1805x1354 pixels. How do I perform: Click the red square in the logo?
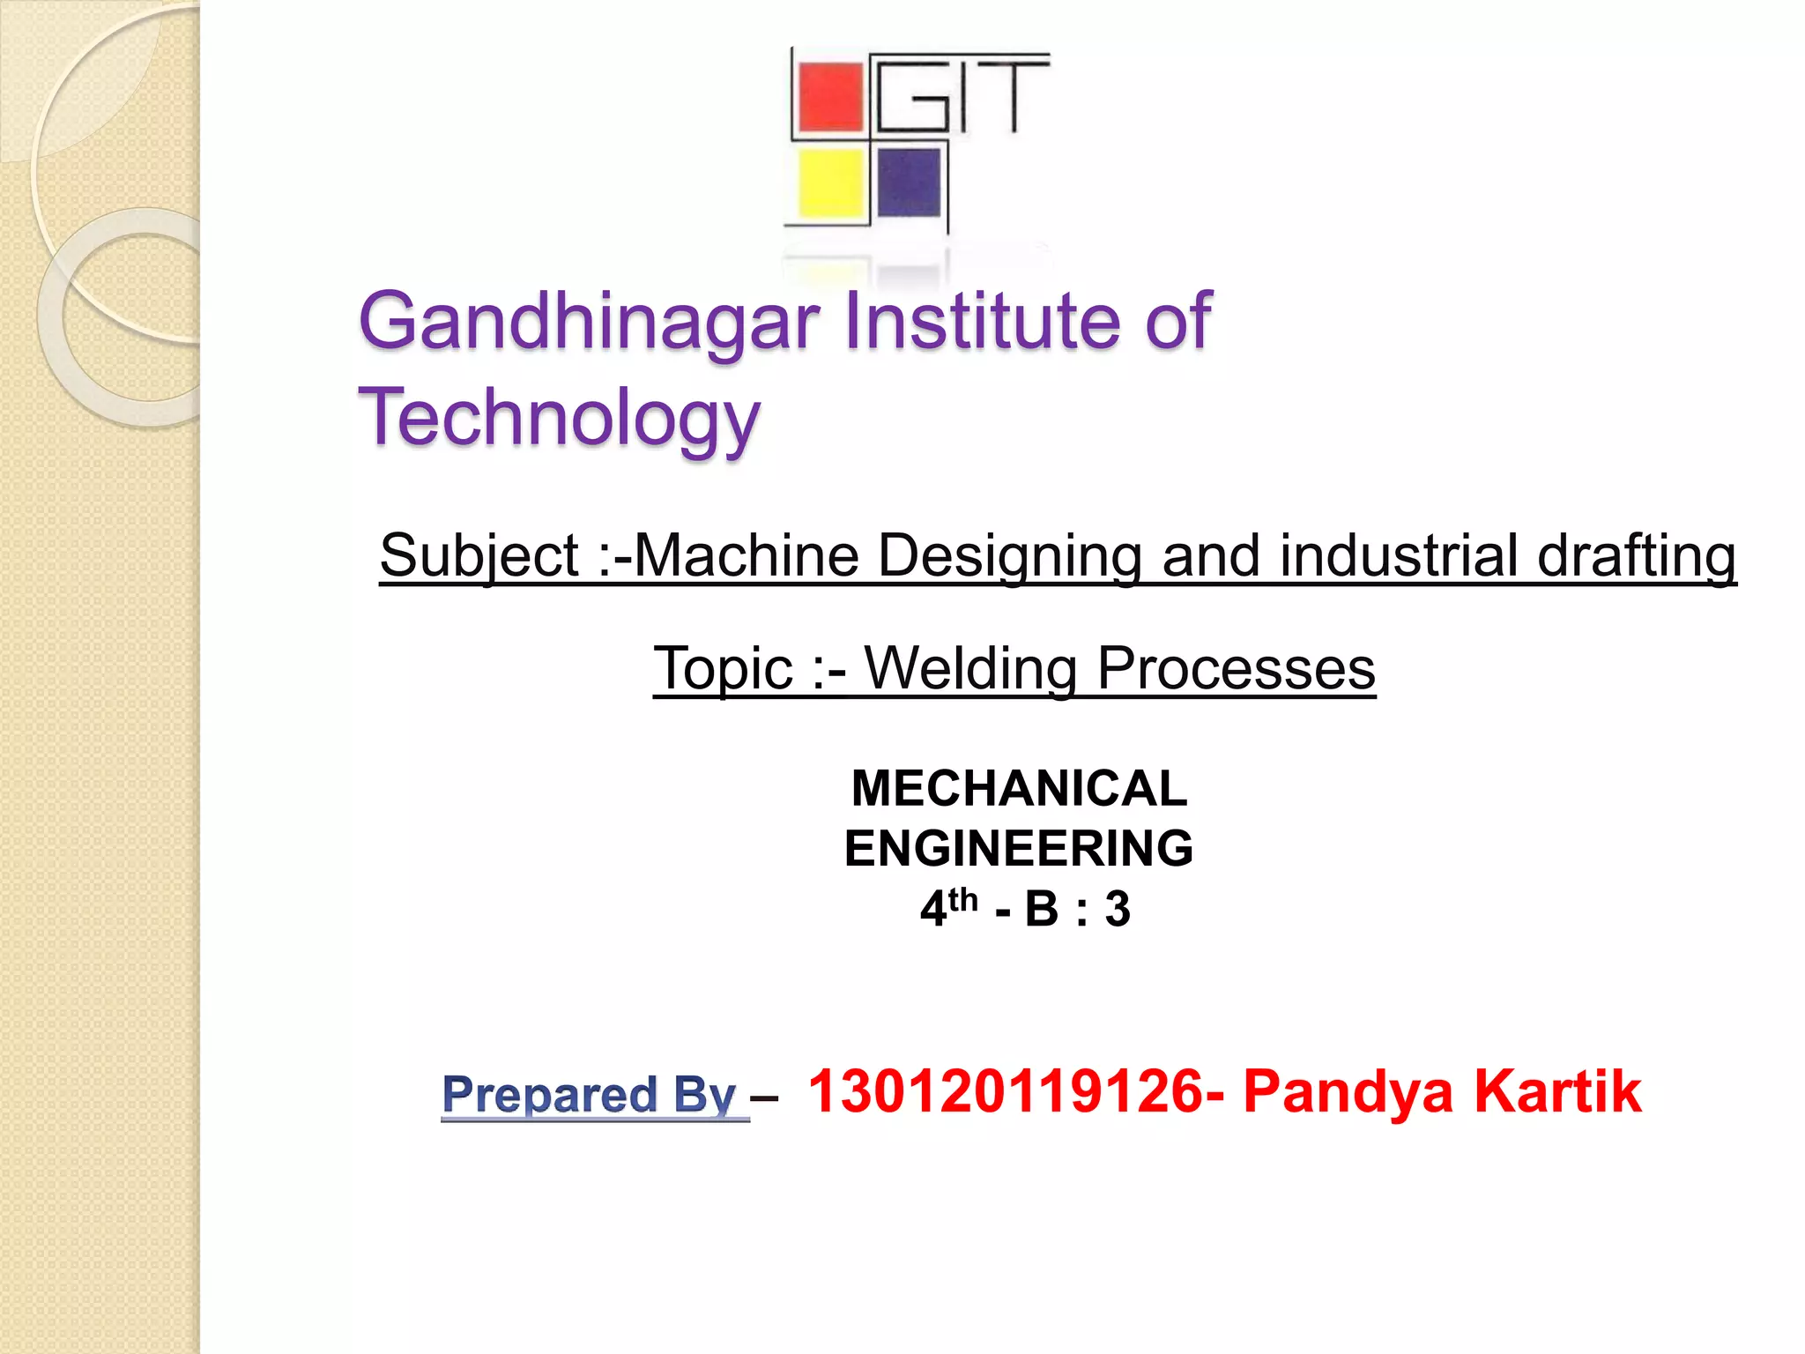(x=829, y=97)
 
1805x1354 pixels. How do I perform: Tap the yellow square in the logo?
(x=830, y=183)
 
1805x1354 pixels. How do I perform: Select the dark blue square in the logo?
(x=909, y=182)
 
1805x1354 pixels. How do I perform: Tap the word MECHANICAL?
(x=1019, y=788)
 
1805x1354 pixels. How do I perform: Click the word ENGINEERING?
(x=1019, y=848)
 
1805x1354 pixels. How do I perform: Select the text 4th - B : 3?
(x=1025, y=908)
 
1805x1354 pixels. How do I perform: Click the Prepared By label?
(x=589, y=1094)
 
